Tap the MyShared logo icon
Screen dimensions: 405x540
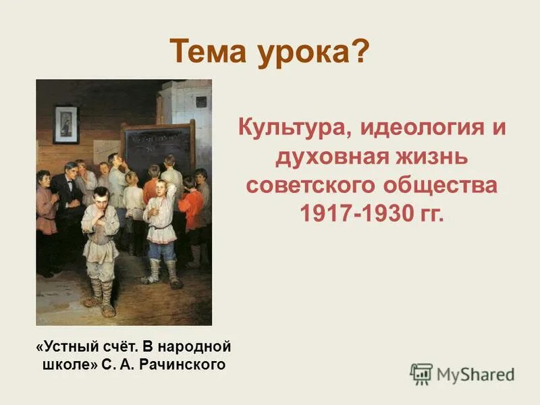pyautogui.click(x=421, y=373)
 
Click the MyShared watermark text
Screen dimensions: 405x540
pyautogui.click(x=475, y=374)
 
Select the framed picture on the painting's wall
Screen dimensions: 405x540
pyautogui.click(x=65, y=124)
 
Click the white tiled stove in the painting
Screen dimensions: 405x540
pyautogui.click(x=190, y=108)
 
